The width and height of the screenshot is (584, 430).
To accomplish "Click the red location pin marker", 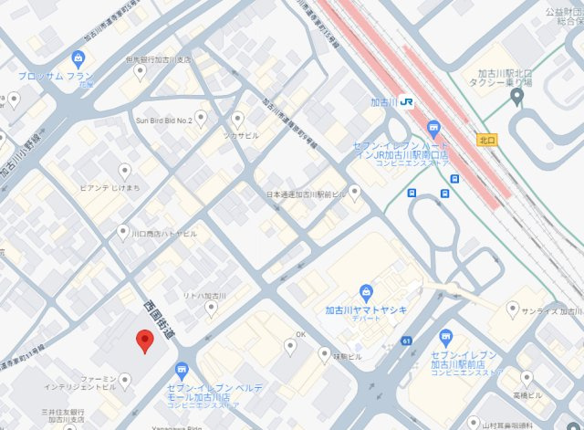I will pos(142,341).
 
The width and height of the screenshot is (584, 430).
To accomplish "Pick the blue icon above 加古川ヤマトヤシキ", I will pos(366,293).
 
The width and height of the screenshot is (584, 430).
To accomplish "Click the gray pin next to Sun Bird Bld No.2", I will pos(201,118).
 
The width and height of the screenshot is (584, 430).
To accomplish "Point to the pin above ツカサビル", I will pos(238,118).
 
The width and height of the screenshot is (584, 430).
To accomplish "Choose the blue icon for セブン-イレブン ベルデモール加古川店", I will pos(182,370).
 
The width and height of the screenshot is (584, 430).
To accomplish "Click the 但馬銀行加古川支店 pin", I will pos(140,70).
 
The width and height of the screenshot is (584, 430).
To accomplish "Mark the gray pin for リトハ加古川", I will pos(211,309).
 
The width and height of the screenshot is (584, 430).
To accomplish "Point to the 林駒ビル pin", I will pos(324,353).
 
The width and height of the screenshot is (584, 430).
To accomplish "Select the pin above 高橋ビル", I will pos(527,377).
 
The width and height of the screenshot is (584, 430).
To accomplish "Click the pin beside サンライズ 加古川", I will pos(513,310).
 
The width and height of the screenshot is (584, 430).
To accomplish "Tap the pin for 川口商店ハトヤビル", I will pos(123,233).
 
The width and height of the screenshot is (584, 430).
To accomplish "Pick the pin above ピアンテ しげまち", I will pos(126,170).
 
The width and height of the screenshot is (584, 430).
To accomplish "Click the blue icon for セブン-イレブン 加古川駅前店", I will pos(446,338).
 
